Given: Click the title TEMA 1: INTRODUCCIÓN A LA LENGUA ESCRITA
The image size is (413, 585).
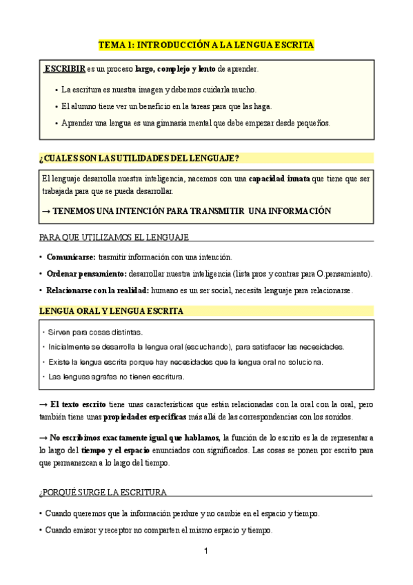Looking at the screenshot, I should point(206,44).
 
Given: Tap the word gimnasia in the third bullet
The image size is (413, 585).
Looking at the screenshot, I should point(184,123).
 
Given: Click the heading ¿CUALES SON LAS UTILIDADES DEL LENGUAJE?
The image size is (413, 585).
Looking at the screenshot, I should point(139,158).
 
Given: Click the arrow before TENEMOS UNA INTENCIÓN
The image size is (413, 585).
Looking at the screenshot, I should point(46,210).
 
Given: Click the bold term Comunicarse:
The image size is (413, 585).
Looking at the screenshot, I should point(71,257).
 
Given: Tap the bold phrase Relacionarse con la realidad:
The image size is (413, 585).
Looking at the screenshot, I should point(97,290).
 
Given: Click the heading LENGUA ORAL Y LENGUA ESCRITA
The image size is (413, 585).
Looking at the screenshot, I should point(112,311).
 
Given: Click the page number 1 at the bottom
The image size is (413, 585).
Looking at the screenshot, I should point(206,551).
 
